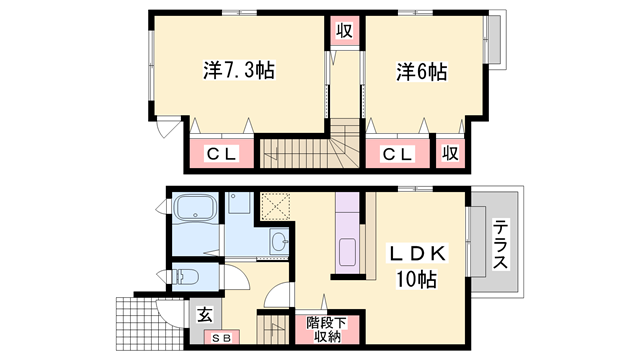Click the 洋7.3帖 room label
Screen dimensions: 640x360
point(238,71)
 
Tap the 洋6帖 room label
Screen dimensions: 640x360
point(420,72)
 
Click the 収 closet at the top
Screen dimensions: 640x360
point(342,30)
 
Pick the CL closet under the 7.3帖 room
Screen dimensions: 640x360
point(219,154)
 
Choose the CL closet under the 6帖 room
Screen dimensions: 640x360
point(397,154)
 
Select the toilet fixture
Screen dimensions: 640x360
point(186,274)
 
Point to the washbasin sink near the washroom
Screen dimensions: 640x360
point(278,242)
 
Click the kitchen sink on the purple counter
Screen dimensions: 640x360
point(348,252)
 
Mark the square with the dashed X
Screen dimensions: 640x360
point(274,207)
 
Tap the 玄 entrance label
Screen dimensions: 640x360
point(205,314)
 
